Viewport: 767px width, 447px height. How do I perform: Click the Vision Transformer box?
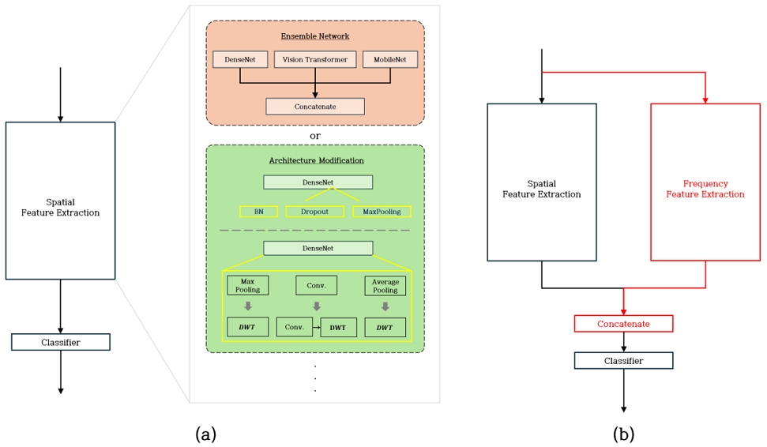[x=315, y=60]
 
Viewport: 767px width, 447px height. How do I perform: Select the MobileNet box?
[x=389, y=60]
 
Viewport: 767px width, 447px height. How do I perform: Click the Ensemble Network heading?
[x=315, y=36]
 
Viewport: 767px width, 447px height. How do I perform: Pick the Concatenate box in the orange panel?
[x=315, y=107]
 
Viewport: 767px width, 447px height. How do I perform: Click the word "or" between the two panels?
[x=315, y=136]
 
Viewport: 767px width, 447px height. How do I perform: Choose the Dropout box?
[x=314, y=212]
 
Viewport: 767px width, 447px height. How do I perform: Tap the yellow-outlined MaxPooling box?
[x=382, y=212]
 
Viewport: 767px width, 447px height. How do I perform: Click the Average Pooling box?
[x=385, y=285]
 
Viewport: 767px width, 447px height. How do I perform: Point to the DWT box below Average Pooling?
[x=385, y=327]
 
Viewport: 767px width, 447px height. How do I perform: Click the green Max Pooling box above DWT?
[x=247, y=285]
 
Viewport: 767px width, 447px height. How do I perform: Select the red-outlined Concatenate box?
[x=623, y=324]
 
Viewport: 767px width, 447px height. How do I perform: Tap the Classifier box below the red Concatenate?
[x=623, y=361]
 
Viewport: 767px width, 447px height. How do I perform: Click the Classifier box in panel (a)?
[x=61, y=342]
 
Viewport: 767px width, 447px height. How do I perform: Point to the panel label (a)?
[x=205, y=433]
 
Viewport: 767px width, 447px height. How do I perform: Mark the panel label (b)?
[x=623, y=433]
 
